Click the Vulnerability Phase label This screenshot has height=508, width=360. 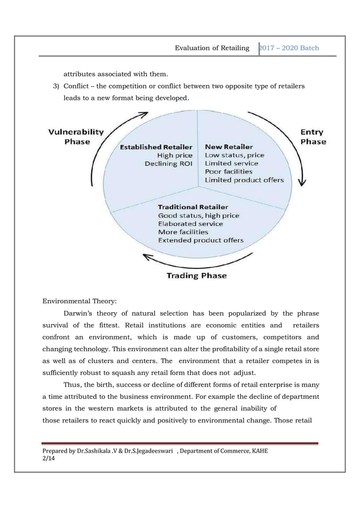(76, 136)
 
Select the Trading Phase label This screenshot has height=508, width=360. (197, 276)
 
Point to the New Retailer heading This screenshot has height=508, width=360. (229, 147)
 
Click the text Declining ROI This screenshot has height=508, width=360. (168, 164)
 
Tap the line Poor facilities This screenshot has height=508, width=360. (229, 171)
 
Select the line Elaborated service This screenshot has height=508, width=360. (190, 224)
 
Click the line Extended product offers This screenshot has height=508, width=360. (201, 240)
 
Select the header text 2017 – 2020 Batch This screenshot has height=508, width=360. (289, 48)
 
